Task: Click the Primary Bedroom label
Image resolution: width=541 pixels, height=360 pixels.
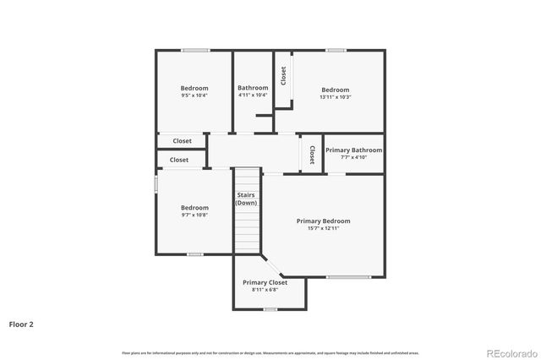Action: tap(323, 221)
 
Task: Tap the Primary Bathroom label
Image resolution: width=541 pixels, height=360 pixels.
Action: tap(353, 150)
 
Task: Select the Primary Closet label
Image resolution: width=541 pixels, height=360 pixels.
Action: tap(265, 282)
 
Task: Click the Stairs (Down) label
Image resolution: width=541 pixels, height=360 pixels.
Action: tap(246, 199)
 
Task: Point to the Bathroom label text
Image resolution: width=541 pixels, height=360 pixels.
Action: tap(253, 88)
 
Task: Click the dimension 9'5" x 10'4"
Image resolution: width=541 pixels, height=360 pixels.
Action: tap(194, 95)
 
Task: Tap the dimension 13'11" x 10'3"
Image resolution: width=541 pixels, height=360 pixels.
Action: tap(335, 97)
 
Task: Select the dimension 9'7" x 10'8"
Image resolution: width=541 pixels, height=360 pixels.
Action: tap(194, 215)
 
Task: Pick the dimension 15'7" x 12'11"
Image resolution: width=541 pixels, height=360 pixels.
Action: tap(323, 228)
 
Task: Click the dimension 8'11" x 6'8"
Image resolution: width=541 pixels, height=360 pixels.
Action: tap(265, 290)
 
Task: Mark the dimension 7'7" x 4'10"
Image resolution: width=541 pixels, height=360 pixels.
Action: tap(353, 157)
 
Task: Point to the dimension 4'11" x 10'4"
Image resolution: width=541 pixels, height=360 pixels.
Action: tap(253, 95)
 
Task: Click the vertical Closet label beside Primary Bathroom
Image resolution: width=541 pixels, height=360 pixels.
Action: tap(312, 154)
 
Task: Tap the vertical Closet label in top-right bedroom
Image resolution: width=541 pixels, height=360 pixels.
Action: tap(284, 76)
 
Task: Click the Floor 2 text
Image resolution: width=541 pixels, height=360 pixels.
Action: tap(21, 324)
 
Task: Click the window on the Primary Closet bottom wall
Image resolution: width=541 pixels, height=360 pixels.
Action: tap(270, 309)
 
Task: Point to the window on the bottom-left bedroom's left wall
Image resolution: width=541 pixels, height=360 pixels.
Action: tap(156, 184)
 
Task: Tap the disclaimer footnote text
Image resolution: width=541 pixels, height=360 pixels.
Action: tap(270, 352)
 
